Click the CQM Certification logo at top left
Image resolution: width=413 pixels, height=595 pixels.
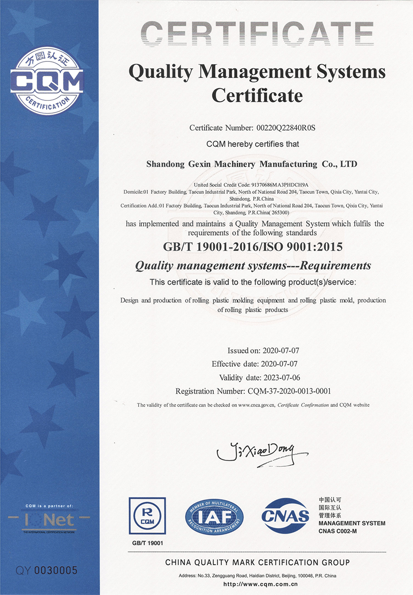(47, 83)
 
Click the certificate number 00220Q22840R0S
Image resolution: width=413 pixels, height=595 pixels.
(285, 128)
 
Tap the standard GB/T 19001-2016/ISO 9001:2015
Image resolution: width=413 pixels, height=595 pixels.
(253, 247)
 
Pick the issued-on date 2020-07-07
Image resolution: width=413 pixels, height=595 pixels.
(281, 351)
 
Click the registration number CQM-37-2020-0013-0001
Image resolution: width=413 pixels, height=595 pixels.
(286, 391)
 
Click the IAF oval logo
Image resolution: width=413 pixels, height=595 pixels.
(214, 517)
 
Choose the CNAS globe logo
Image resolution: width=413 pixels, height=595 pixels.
(285, 516)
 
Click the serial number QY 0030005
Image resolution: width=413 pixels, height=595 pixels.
(47, 570)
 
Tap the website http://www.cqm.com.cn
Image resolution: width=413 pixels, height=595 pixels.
(260, 584)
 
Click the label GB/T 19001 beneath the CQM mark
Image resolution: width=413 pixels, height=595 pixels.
(147, 543)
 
